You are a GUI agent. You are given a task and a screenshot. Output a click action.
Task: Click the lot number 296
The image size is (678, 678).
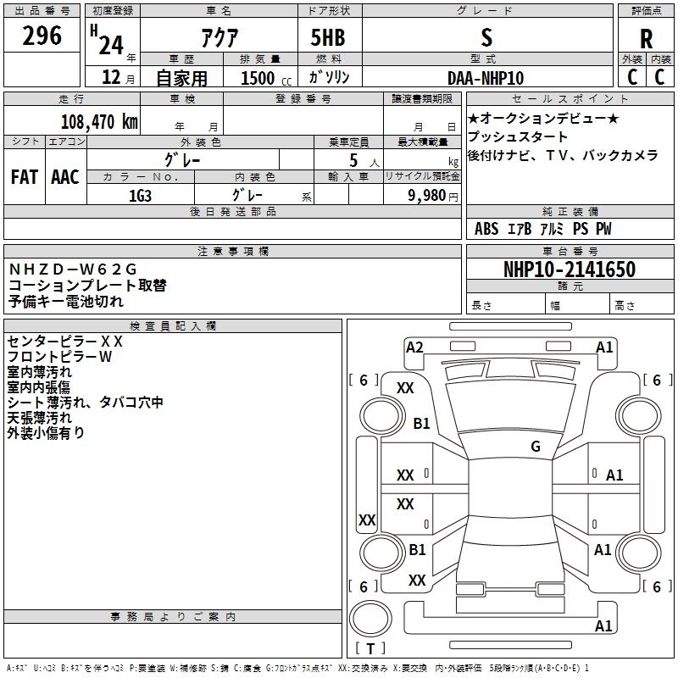pyautogui.click(x=42, y=36)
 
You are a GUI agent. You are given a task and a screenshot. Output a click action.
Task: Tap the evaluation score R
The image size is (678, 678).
pyautogui.click(x=646, y=39)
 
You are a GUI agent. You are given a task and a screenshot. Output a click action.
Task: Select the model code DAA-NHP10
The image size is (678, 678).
pyautogui.click(x=486, y=77)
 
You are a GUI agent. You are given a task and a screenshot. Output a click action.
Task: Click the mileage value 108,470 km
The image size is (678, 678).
pyautogui.click(x=99, y=121)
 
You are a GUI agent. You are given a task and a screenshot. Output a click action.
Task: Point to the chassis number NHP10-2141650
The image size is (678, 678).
pyautogui.click(x=569, y=270)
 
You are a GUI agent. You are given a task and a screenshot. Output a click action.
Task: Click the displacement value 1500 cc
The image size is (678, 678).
pyautogui.click(x=260, y=78)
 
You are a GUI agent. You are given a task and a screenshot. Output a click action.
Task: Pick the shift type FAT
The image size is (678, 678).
pyautogui.click(x=25, y=176)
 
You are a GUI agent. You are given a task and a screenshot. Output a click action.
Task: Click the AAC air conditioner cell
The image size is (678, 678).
pyautogui.click(x=65, y=176)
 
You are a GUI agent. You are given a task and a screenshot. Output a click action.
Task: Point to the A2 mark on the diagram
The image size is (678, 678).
pyautogui.click(x=414, y=347)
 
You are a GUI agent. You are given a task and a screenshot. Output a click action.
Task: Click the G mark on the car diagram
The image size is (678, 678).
pyautogui.click(x=536, y=447)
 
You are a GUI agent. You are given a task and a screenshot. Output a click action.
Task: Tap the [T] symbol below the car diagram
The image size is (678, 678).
pyautogui.click(x=371, y=649)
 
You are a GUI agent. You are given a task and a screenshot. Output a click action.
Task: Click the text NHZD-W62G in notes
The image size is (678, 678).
pyautogui.click(x=72, y=270)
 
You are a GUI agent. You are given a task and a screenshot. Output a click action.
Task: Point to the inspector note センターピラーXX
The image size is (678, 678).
pyautogui.click(x=65, y=341)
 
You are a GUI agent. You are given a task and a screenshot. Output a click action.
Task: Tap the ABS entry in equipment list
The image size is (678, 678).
pyautogui.click(x=486, y=229)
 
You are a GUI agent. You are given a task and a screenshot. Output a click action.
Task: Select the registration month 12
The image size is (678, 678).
pyautogui.click(x=110, y=77)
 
